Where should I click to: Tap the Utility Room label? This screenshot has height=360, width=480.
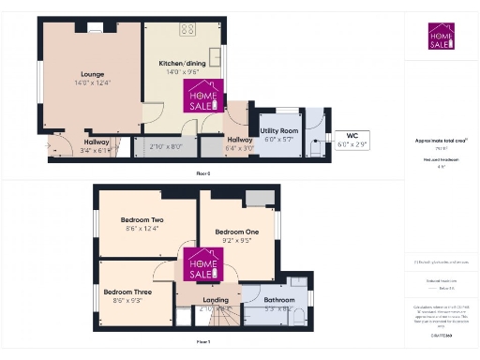click(x=278, y=129)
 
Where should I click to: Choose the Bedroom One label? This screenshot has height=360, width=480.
click(x=236, y=231)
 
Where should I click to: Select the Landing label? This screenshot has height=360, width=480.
click(x=216, y=300)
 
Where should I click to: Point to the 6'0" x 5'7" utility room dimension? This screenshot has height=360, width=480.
click(x=278, y=138)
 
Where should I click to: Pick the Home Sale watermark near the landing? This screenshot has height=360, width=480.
click(x=198, y=263)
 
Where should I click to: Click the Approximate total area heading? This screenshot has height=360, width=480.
click(x=441, y=141)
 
